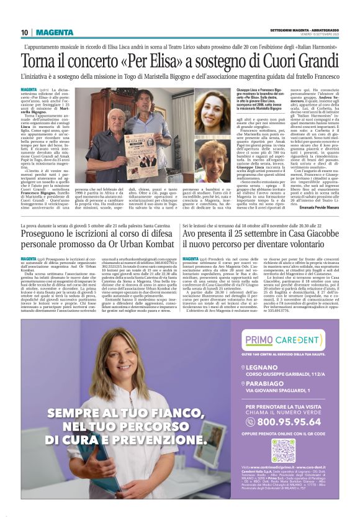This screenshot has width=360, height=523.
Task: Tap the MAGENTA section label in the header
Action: [55, 32]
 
